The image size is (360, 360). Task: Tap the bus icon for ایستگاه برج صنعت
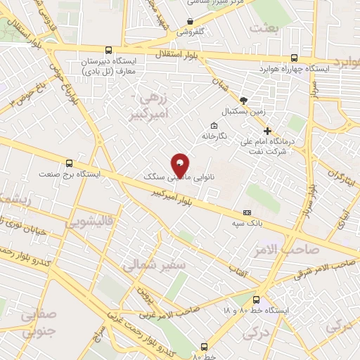[68, 162]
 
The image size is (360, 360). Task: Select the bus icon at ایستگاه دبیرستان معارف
[108, 50]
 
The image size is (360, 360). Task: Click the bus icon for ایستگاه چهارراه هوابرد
[294, 58]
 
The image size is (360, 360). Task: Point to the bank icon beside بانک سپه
[247, 212]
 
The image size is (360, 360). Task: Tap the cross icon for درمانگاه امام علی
[267, 131]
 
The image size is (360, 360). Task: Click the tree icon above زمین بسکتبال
[244, 101]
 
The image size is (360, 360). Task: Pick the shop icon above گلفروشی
[191, 21]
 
